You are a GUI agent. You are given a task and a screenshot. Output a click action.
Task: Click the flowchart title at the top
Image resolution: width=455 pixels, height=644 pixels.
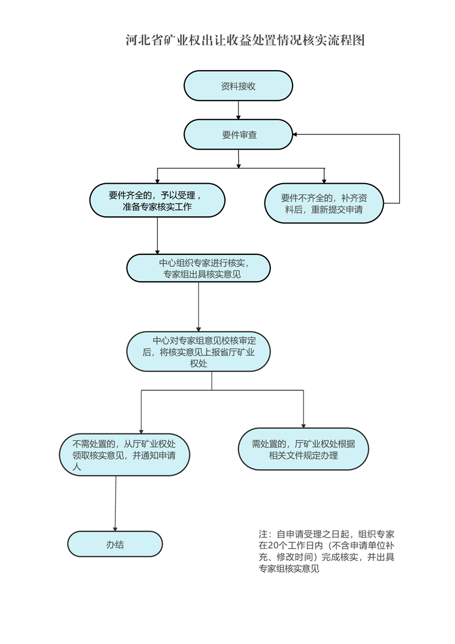pyautogui.click(x=245, y=41)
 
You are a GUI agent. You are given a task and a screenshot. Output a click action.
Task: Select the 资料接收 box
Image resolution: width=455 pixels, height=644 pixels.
pyautogui.click(x=238, y=86)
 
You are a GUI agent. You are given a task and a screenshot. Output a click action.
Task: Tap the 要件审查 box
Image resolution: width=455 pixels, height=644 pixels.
pyautogui.click(x=238, y=135)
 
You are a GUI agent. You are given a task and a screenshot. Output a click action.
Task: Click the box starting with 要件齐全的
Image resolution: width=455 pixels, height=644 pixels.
pyautogui.click(x=157, y=200)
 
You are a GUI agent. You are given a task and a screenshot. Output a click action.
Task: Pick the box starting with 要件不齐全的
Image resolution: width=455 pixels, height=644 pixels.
pyautogui.click(x=324, y=203)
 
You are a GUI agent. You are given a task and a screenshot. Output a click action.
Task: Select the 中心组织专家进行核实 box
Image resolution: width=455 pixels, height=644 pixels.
pyautogui.click(x=198, y=268)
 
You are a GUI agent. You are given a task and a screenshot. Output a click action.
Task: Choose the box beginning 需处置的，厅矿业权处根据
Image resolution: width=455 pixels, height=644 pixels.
pyautogui.click(x=303, y=449)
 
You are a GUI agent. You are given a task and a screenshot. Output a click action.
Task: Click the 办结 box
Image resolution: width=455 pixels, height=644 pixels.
pyautogui.click(x=115, y=544)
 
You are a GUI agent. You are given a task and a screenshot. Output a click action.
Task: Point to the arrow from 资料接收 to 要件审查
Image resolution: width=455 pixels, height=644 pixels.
pyautogui.click(x=238, y=110)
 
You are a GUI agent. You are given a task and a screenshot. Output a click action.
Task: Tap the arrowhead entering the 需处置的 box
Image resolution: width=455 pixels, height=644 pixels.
pyautogui.click(x=303, y=425)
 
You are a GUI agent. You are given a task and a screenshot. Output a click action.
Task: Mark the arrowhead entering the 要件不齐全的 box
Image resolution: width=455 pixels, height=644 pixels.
pyautogui.click(x=324, y=180)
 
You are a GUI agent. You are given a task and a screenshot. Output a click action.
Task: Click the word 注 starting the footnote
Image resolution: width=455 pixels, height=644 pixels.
pyautogui.click(x=263, y=534)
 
